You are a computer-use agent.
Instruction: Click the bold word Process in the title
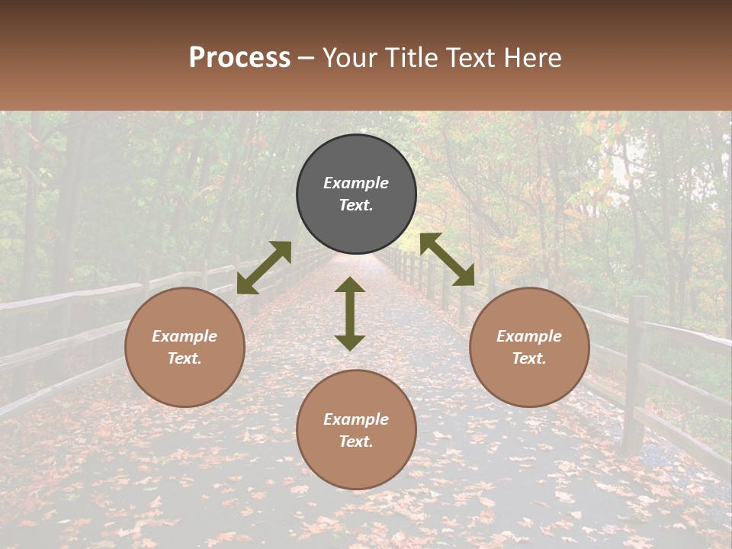coord(239,58)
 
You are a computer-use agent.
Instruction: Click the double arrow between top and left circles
coord(264,268)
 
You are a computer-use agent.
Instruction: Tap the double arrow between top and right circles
coord(448,259)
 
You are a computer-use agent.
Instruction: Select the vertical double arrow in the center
coord(350,313)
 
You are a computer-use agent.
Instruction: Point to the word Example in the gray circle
coord(356,183)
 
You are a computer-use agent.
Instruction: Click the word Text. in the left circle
coord(185,358)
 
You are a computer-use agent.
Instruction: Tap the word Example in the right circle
coord(529,336)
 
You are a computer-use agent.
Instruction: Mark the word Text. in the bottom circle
coord(356,441)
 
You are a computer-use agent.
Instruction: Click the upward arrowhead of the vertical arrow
coord(350,285)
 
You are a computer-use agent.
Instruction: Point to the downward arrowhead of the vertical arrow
coord(350,342)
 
